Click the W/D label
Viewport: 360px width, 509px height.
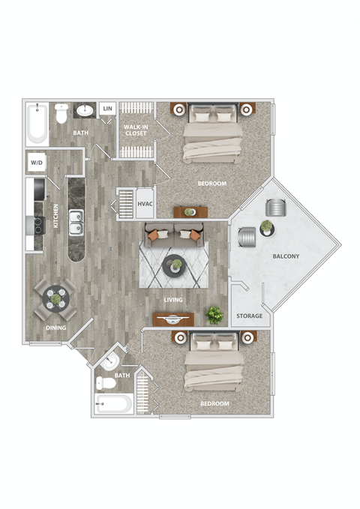(36, 163)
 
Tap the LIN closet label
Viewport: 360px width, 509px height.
(108, 109)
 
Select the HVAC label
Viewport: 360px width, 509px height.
(145, 202)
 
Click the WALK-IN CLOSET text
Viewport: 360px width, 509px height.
(136, 130)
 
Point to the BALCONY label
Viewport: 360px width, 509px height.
(286, 257)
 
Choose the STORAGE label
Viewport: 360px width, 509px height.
(249, 316)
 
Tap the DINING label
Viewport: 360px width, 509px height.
(55, 328)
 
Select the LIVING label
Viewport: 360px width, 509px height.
(174, 301)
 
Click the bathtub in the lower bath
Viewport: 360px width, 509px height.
(114, 405)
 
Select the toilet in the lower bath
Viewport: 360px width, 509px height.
(106, 383)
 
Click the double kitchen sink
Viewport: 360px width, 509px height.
(76, 222)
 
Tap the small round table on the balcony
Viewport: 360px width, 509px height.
(266, 226)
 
